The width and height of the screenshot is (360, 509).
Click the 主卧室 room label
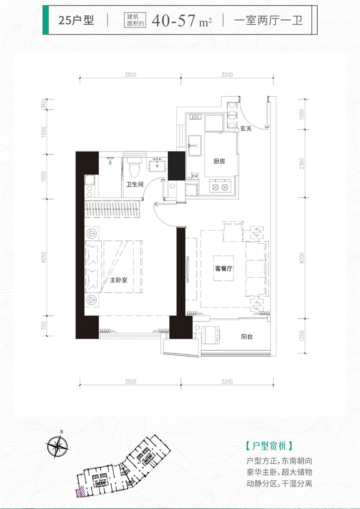(118, 280)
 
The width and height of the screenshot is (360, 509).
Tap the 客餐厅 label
(224, 268)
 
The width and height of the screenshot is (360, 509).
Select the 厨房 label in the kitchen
(219, 161)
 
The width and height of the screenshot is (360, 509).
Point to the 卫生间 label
(135, 184)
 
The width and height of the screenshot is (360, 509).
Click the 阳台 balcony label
(247, 337)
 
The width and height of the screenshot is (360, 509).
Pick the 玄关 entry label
(246, 129)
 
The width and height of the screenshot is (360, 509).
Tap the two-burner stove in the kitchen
(220, 187)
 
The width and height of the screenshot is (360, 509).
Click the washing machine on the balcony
(211, 335)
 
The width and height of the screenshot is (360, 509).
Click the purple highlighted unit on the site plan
(80, 492)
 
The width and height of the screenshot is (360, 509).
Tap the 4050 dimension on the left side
(44, 257)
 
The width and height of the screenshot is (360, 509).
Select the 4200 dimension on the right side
(302, 258)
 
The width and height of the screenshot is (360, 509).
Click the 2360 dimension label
(302, 163)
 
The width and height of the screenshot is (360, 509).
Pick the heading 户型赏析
(270, 446)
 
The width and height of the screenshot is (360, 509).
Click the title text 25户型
(76, 20)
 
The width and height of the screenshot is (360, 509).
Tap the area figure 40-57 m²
(182, 21)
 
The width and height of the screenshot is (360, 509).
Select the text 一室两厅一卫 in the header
(268, 20)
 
